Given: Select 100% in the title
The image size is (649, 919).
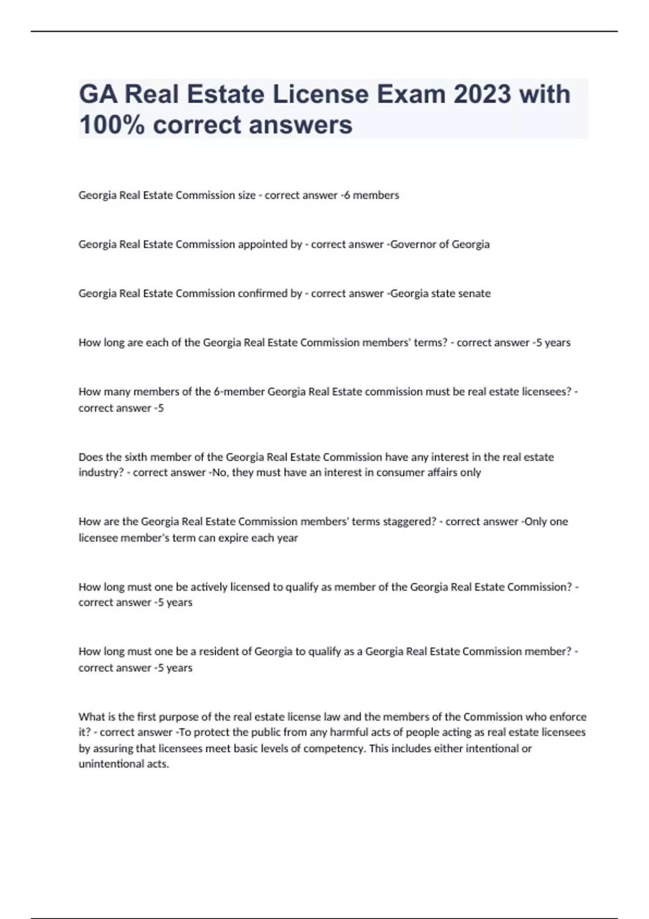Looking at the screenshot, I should [x=112, y=124].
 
